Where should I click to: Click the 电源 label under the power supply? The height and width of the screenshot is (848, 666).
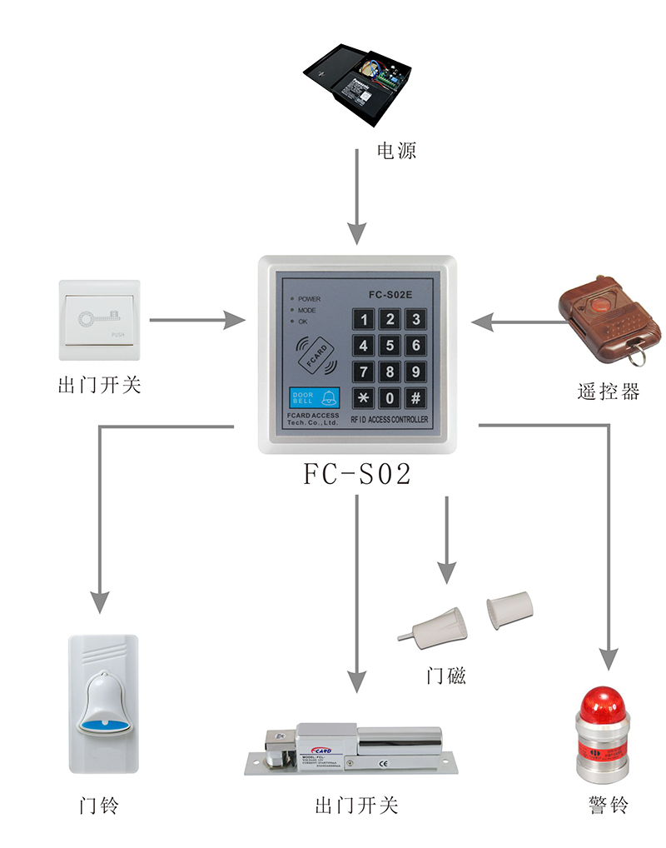coord(396,152)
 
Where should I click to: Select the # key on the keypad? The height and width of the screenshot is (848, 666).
coord(415,397)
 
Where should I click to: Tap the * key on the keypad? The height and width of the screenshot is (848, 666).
coord(363,397)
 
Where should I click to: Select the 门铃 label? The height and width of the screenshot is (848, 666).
coord(100,806)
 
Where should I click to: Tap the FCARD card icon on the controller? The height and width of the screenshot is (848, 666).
coord(319,354)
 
